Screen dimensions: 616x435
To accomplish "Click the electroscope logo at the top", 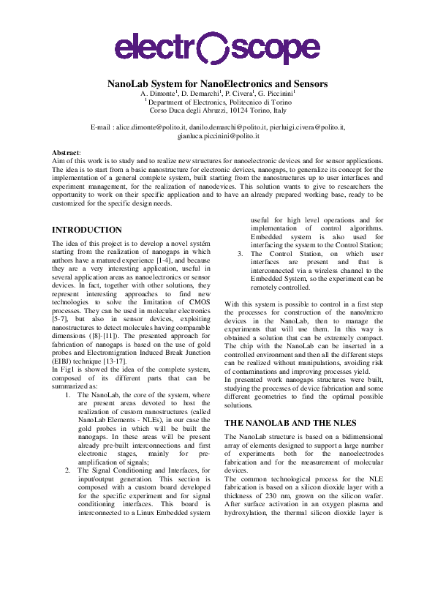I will point(217,48).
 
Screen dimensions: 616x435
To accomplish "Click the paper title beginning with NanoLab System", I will point(217,84).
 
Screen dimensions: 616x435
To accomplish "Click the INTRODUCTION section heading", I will point(87,230).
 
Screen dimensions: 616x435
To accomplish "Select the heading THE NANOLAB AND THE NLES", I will point(287,423).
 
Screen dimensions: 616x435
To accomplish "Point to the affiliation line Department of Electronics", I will point(219,102).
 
